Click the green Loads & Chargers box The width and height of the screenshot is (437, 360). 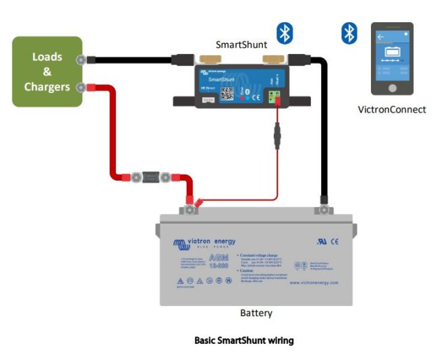tap(47, 71)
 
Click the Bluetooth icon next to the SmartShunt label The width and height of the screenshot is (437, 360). tap(285, 32)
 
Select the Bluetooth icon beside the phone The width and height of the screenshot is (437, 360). tap(349, 32)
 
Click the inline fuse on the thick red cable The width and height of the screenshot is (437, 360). tap(152, 178)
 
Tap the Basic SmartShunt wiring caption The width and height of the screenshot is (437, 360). tap(243, 340)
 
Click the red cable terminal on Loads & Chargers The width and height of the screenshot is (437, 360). tap(82, 87)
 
